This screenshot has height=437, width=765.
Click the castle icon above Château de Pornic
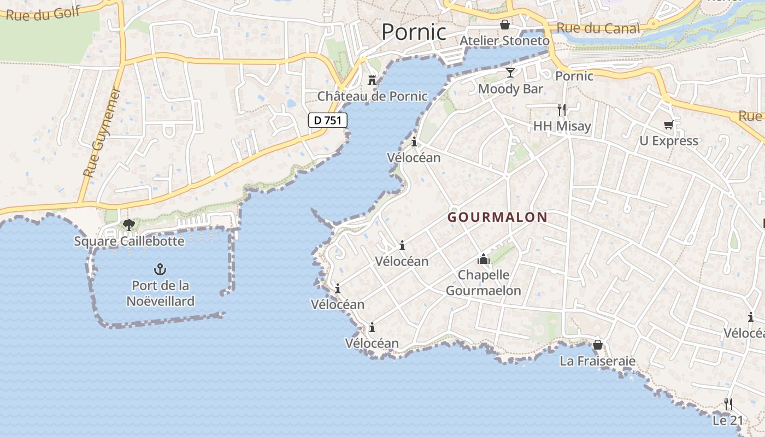tap(372, 80)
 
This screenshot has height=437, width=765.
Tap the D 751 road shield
tap(328, 120)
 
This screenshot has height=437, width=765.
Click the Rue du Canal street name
tap(598, 28)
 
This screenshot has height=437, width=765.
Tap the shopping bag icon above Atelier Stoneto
tap(504, 25)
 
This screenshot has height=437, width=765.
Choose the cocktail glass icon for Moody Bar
tap(510, 73)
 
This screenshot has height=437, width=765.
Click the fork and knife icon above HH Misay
tap(562, 109)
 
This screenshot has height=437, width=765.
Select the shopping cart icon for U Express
tap(668, 125)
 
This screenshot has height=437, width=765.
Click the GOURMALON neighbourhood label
tap(497, 217)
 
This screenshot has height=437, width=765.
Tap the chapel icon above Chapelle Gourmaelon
tap(483, 258)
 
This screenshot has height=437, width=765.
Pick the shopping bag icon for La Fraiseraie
tap(597, 345)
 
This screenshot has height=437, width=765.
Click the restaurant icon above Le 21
tap(728, 404)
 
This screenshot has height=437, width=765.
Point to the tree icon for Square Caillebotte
tap(128, 225)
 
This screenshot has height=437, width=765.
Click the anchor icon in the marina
tap(160, 269)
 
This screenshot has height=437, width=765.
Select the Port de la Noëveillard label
tap(160, 293)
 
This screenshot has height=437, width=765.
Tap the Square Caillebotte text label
tap(129, 241)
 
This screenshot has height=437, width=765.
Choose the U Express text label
tap(669, 141)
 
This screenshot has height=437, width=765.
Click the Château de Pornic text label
tap(373, 96)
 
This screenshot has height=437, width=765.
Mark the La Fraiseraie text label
tap(597, 361)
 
